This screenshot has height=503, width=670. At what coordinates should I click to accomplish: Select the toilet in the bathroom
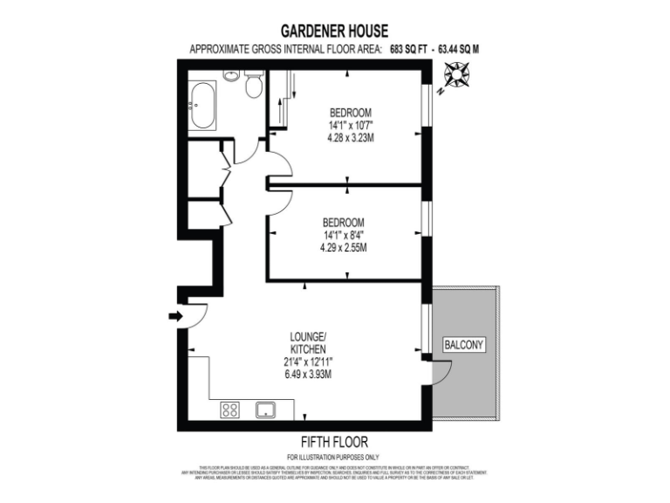(254, 84)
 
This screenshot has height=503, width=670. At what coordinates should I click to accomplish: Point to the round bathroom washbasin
(231, 75)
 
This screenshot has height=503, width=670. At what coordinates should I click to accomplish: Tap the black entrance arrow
(174, 316)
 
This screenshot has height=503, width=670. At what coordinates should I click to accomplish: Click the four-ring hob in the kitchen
(231, 410)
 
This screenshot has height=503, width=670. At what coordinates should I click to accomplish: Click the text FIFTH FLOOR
(334, 442)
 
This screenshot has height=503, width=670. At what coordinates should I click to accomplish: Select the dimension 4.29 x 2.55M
(343, 247)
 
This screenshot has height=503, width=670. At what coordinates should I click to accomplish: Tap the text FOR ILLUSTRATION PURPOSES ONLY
(333, 457)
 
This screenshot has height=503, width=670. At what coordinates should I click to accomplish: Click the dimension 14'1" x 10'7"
(350, 125)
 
